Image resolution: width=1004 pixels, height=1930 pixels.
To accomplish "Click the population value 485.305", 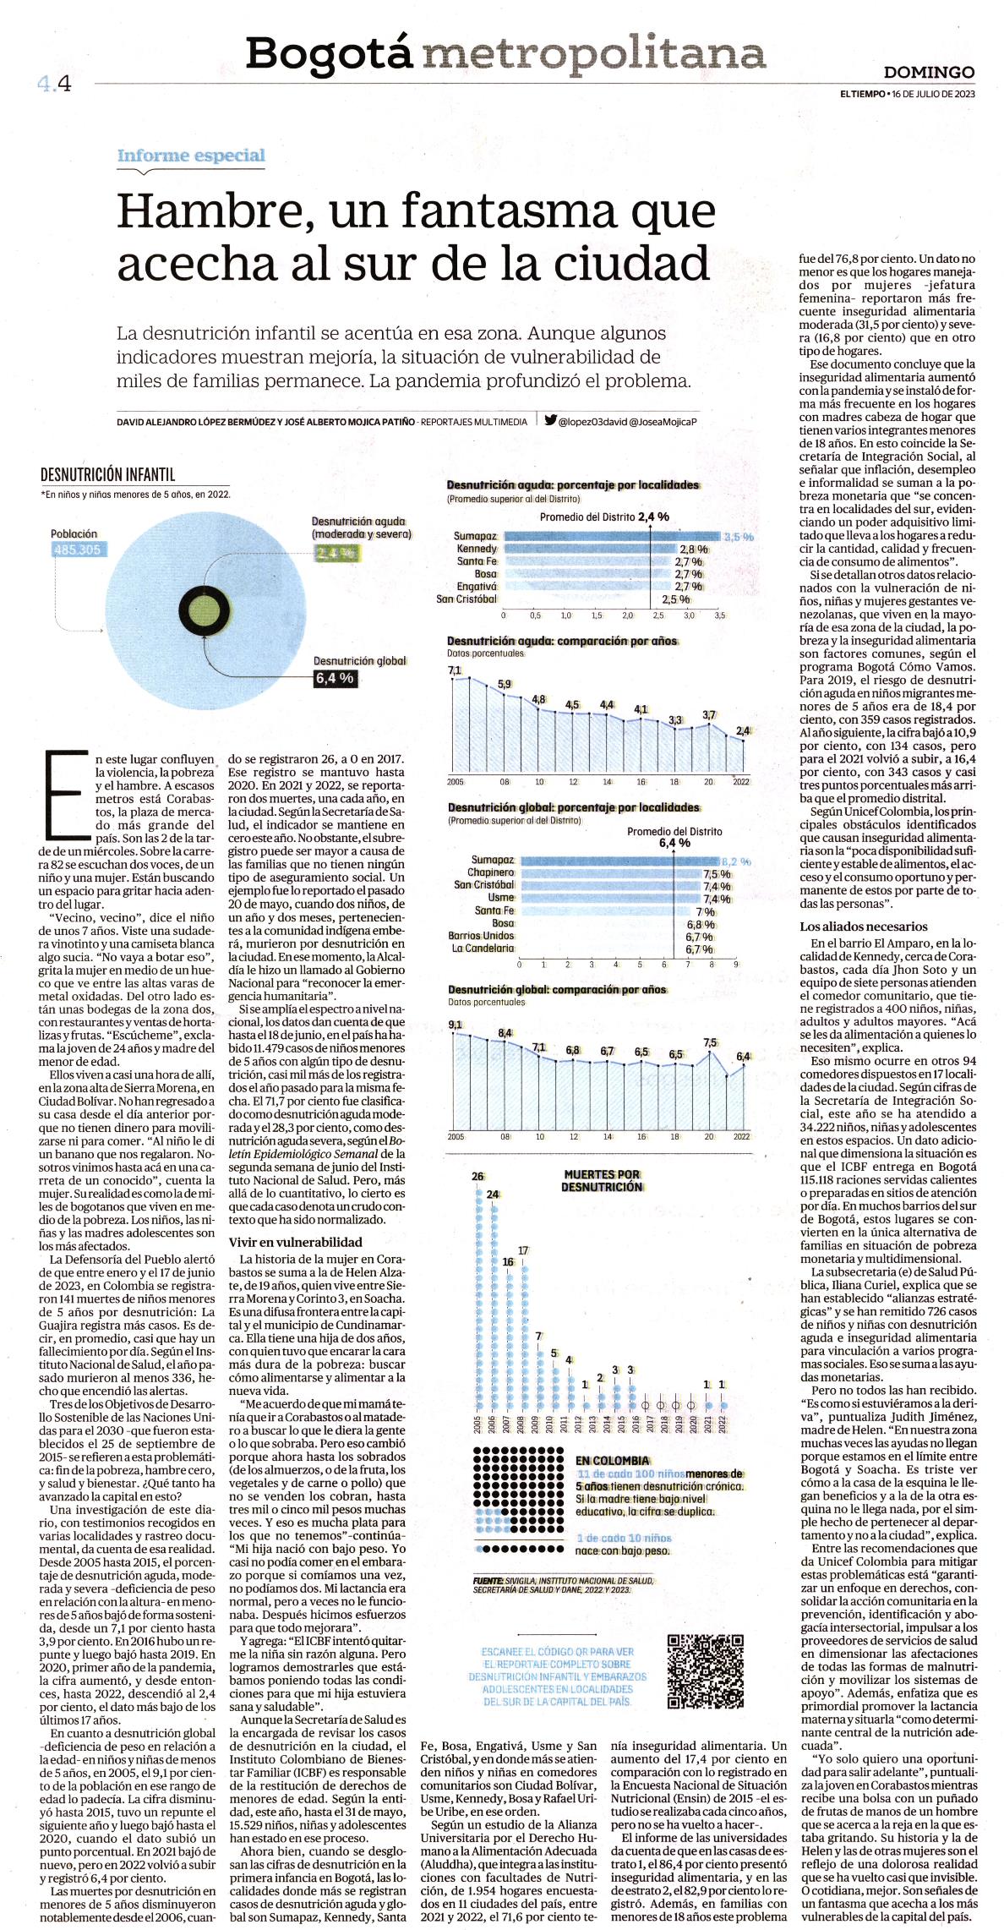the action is tap(76, 549).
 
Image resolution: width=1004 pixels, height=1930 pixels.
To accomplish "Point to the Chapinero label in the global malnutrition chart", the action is tap(493, 872).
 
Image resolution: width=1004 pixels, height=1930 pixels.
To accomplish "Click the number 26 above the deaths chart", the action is tap(478, 1176).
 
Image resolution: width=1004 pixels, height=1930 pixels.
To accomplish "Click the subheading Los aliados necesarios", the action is tap(864, 926).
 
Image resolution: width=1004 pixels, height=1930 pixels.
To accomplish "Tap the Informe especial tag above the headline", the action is tap(191, 156).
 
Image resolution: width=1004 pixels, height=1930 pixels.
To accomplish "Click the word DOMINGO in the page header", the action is tap(930, 73).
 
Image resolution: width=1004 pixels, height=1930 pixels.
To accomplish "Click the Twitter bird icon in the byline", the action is tap(550, 420).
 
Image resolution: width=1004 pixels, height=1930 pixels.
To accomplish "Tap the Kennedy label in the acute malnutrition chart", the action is tap(476, 549).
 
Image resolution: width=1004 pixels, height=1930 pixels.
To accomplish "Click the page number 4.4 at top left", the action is tap(53, 83).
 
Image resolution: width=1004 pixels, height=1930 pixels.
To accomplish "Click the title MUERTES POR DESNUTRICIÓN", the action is tap(602, 1180).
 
